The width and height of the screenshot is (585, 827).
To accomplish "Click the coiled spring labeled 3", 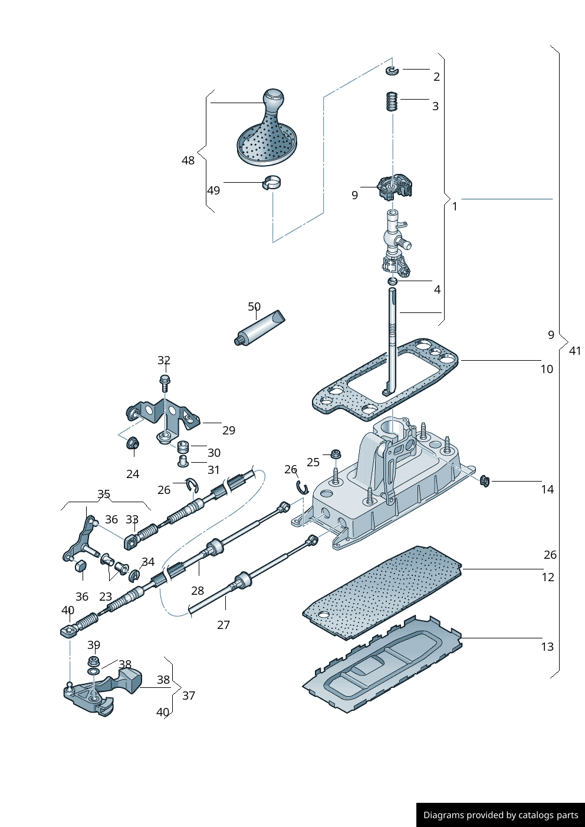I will (x=392, y=101).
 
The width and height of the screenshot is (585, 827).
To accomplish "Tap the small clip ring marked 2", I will (x=393, y=71).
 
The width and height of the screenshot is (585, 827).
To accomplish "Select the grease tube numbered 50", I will (x=259, y=329).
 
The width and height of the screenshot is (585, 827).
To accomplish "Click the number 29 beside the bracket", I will (x=229, y=430).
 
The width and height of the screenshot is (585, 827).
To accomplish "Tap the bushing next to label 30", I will (x=183, y=446).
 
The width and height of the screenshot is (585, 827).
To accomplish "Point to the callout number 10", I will (x=547, y=369).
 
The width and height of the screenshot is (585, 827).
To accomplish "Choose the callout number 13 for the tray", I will (x=547, y=647).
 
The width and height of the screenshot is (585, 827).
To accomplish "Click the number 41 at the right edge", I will (x=575, y=351).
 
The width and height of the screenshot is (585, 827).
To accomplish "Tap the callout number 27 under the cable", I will (x=223, y=625).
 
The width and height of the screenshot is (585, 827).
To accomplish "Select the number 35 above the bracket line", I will (x=104, y=494).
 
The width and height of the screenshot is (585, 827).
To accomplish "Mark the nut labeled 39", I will (x=93, y=661).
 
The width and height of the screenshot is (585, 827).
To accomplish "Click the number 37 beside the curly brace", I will (x=188, y=696).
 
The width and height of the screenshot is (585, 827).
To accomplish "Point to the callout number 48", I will (x=188, y=160).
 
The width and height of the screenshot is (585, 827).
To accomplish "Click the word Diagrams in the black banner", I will (x=443, y=815).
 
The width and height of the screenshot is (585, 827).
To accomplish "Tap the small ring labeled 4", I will (x=393, y=282).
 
